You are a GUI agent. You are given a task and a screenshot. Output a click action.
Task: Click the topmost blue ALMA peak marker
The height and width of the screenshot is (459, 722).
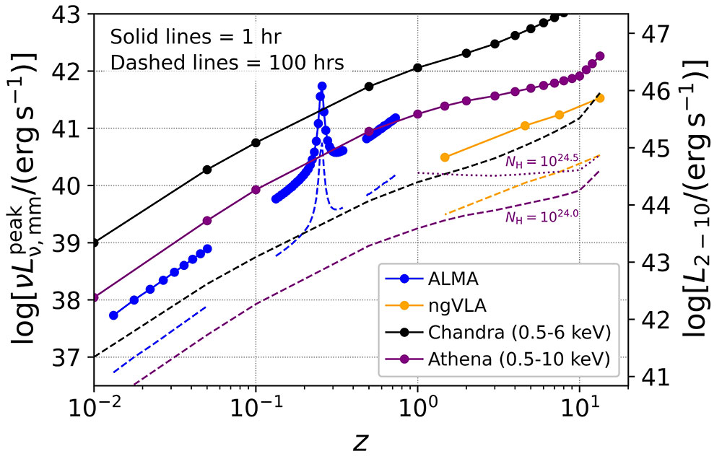(x=322, y=86)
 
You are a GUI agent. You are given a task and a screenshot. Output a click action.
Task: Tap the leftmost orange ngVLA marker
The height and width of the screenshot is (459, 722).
(x=445, y=157)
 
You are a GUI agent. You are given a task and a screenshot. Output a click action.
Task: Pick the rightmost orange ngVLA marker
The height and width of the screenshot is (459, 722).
(x=600, y=98)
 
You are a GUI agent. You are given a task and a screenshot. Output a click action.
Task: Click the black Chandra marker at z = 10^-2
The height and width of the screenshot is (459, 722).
(x=95, y=242)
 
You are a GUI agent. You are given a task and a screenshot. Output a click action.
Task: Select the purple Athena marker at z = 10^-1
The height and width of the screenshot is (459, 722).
(x=256, y=190)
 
